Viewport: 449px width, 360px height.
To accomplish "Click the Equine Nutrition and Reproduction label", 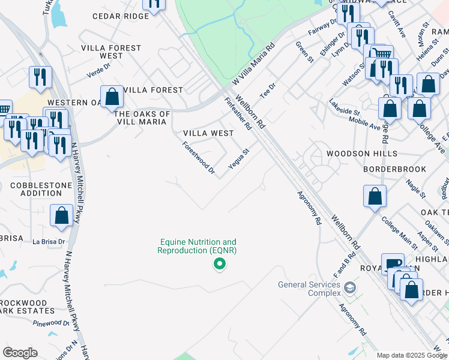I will pos(197,246).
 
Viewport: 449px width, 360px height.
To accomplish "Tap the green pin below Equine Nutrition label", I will pos(220,263).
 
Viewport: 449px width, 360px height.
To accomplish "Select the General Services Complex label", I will pos(308,289).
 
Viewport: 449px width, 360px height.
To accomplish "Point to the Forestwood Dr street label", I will pos(199,158).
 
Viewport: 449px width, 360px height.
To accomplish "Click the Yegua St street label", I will pos(238,158).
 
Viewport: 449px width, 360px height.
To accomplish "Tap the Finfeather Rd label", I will pos(238,113).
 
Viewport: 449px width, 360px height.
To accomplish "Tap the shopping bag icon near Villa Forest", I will pos(112,96).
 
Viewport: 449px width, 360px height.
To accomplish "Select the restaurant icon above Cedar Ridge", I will pos(154,4).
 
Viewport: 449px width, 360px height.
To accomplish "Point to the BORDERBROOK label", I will pos(394,169).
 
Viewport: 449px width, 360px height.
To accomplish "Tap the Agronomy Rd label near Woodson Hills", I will pos(309,208).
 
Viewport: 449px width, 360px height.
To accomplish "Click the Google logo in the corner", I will pos(20,353).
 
